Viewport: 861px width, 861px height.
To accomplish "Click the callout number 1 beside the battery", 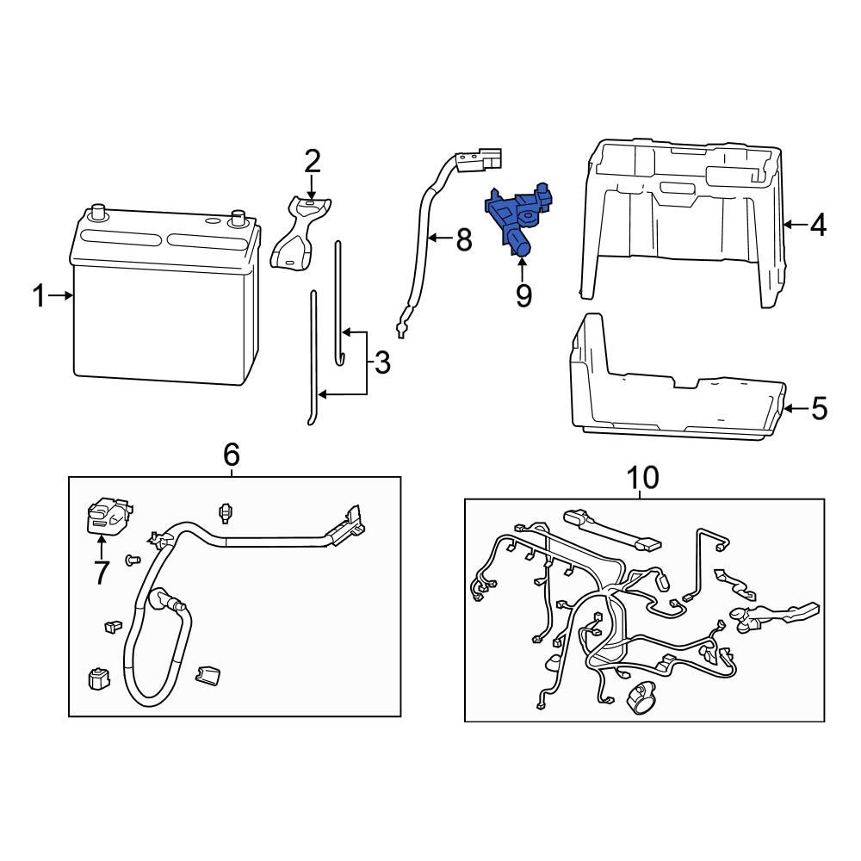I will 38,296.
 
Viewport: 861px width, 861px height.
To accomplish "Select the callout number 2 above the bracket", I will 312,162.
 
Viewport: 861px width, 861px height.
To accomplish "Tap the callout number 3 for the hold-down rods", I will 381,362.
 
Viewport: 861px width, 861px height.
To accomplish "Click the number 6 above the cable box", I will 231,455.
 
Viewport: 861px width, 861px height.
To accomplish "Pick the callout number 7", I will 102,572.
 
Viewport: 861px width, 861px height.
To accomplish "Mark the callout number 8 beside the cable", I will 463,239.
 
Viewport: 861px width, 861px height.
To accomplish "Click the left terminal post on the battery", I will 97,210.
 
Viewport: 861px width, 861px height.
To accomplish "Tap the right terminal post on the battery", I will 238,215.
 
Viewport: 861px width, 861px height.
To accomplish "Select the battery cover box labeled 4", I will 684,215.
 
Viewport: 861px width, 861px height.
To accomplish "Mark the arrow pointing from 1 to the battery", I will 61,296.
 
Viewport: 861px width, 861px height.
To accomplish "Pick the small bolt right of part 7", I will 133,561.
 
